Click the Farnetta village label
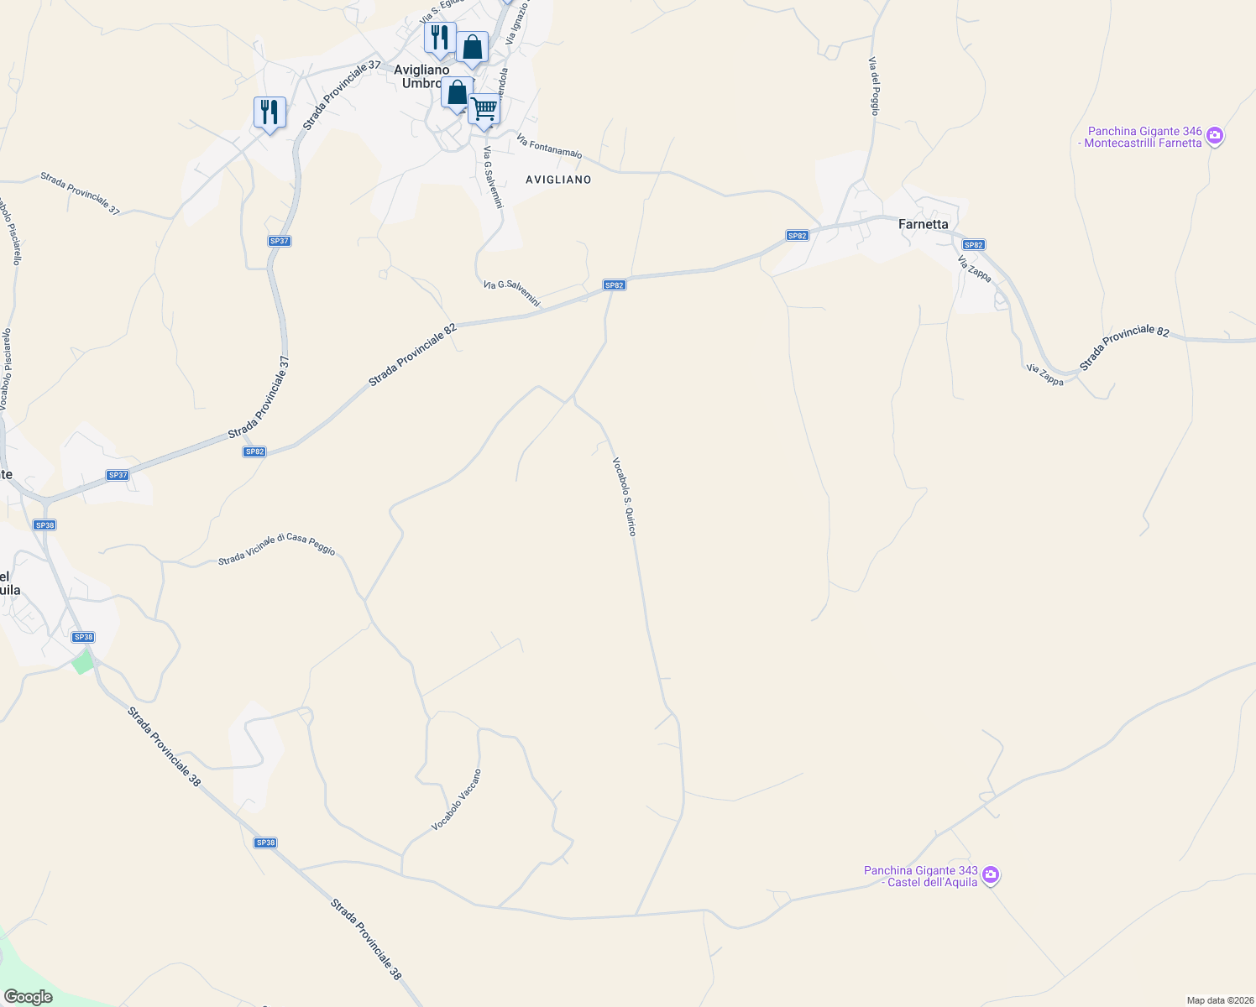coord(924,224)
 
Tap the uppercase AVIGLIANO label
coord(558,180)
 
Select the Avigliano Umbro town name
coord(422,76)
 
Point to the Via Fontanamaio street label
coord(550,146)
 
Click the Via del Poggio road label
coord(875,86)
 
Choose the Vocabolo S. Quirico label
coord(624,496)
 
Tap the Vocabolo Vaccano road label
coord(457,800)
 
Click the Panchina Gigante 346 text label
coord(1144,137)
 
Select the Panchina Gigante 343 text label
coord(921,876)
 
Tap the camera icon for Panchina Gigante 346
coord(1215,135)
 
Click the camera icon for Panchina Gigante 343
coord(991,875)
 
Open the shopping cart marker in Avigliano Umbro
coord(484,109)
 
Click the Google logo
coord(28,997)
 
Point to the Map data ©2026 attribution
coord(1219,1000)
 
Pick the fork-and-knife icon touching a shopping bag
coord(439,38)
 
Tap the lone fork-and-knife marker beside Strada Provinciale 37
coord(270,112)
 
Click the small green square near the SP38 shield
coord(82,662)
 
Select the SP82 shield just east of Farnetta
coord(973,245)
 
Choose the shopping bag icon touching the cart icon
coord(457,93)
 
